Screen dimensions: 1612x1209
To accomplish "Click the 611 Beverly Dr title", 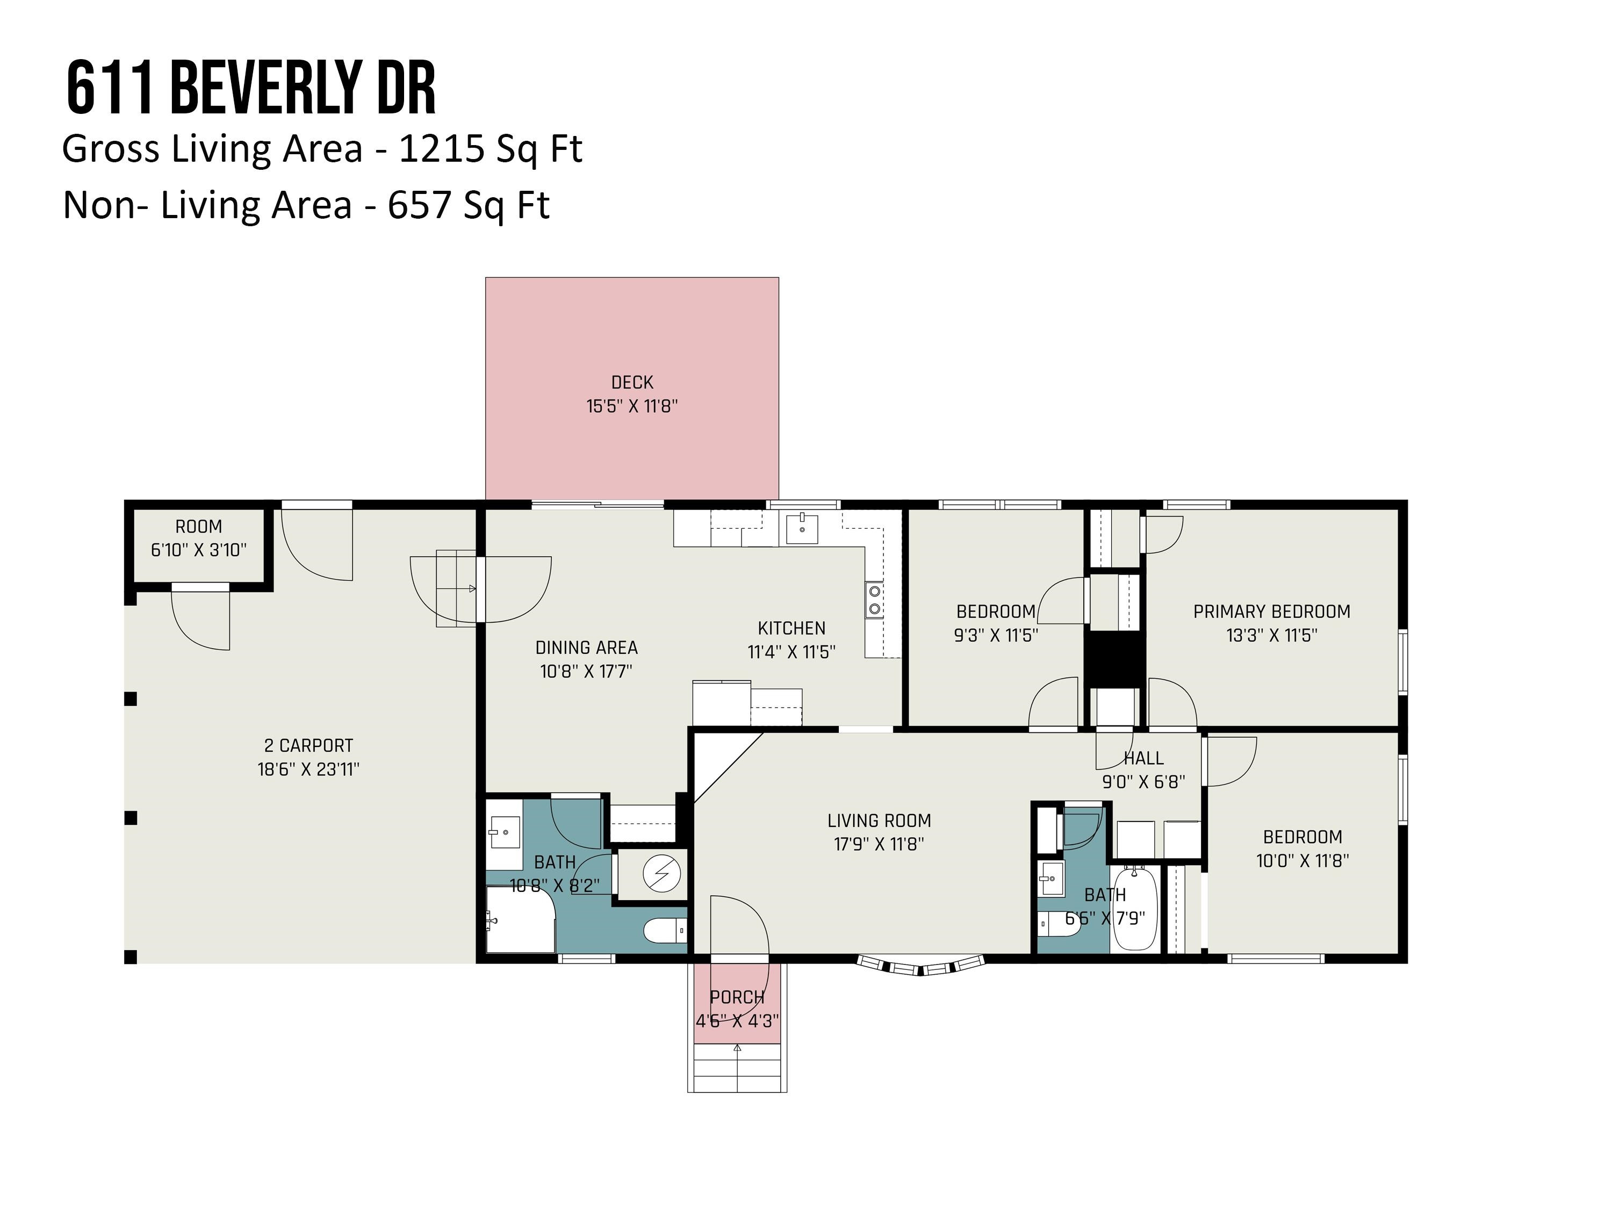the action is pos(251,89).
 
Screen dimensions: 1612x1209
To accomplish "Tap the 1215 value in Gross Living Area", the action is pos(442,149).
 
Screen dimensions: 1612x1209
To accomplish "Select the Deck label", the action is pos(632,382).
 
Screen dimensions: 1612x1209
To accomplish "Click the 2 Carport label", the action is pos(308,745).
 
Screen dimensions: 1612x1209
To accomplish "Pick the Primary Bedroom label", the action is pos(1272,611).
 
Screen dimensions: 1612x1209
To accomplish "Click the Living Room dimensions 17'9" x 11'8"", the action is pos(879,844).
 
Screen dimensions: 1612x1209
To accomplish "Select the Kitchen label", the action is pos(791,628).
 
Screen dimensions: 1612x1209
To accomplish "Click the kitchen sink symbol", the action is pos(802,528).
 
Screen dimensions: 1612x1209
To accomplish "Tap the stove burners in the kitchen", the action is pos(874,600).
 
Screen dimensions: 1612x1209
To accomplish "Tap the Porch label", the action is pos(738,997).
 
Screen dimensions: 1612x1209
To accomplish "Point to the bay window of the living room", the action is pos(921,965).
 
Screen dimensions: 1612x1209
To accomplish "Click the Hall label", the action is pos(1143,758).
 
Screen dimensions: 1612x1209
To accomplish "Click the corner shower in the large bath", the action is pos(520,919).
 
